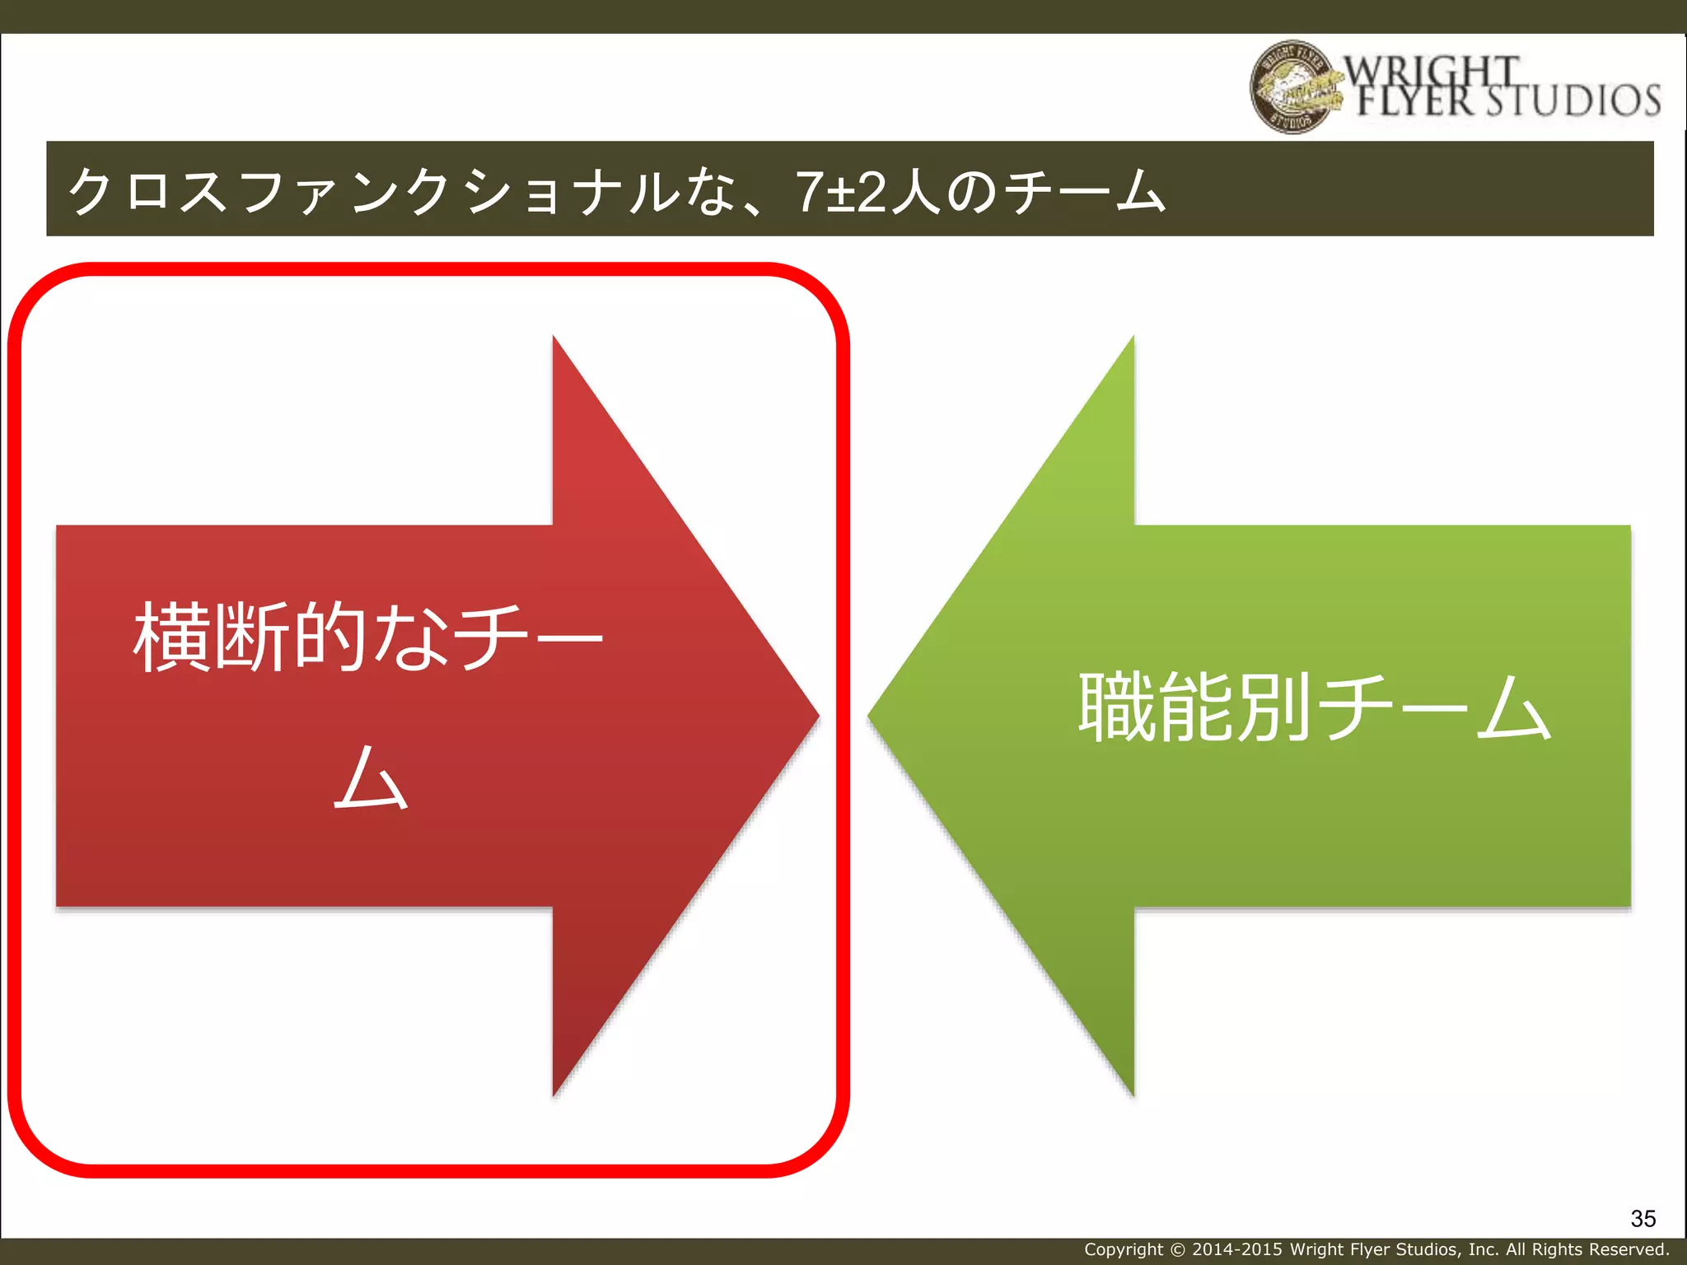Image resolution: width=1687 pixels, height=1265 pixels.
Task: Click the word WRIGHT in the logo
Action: point(1432,71)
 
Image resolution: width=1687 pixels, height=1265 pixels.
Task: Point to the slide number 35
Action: point(1643,1218)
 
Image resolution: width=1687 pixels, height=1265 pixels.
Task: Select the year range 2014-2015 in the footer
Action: point(1236,1249)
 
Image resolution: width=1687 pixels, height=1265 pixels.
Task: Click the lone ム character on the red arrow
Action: point(371,777)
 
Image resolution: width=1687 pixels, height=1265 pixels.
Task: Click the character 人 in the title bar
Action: point(914,191)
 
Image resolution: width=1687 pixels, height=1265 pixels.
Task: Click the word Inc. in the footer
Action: point(1483,1249)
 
